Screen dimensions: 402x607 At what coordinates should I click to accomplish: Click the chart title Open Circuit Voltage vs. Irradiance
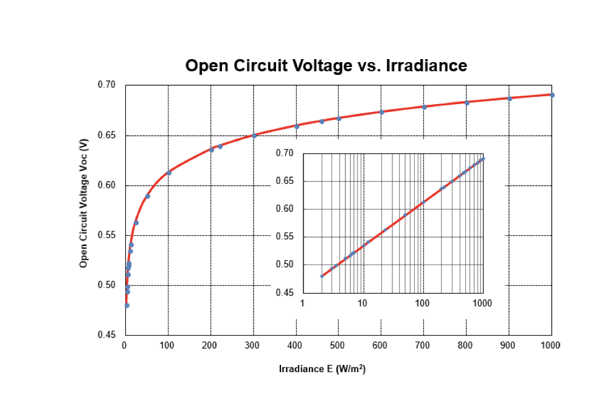pyautogui.click(x=326, y=66)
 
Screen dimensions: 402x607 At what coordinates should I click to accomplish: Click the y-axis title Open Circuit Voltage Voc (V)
pyautogui.click(x=84, y=202)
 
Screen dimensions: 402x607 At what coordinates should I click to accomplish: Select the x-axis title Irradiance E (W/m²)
pyautogui.click(x=322, y=369)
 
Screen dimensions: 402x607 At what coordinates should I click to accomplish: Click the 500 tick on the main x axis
pyautogui.click(x=338, y=345)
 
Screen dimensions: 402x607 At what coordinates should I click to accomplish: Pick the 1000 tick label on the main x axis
pyautogui.click(x=550, y=345)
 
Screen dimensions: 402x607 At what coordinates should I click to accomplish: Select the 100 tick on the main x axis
pyautogui.click(x=167, y=345)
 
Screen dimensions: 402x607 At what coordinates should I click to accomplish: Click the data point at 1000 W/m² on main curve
pyautogui.click(x=552, y=95)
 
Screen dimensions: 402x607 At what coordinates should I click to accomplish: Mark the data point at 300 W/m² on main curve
pyautogui.click(x=254, y=135)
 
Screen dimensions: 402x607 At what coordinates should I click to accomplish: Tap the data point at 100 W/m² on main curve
pyautogui.click(x=168, y=173)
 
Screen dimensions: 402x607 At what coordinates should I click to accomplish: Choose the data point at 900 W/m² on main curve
pyautogui.click(x=510, y=98)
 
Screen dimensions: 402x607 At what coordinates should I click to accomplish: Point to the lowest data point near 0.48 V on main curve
pyautogui.click(x=127, y=305)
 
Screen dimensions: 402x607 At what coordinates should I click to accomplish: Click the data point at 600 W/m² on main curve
pyautogui.click(x=381, y=112)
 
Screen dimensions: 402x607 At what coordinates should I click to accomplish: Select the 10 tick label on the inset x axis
pyautogui.click(x=362, y=303)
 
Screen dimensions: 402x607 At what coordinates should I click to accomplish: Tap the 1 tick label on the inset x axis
pyautogui.click(x=302, y=303)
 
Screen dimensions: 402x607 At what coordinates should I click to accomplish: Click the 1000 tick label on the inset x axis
pyautogui.click(x=482, y=303)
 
